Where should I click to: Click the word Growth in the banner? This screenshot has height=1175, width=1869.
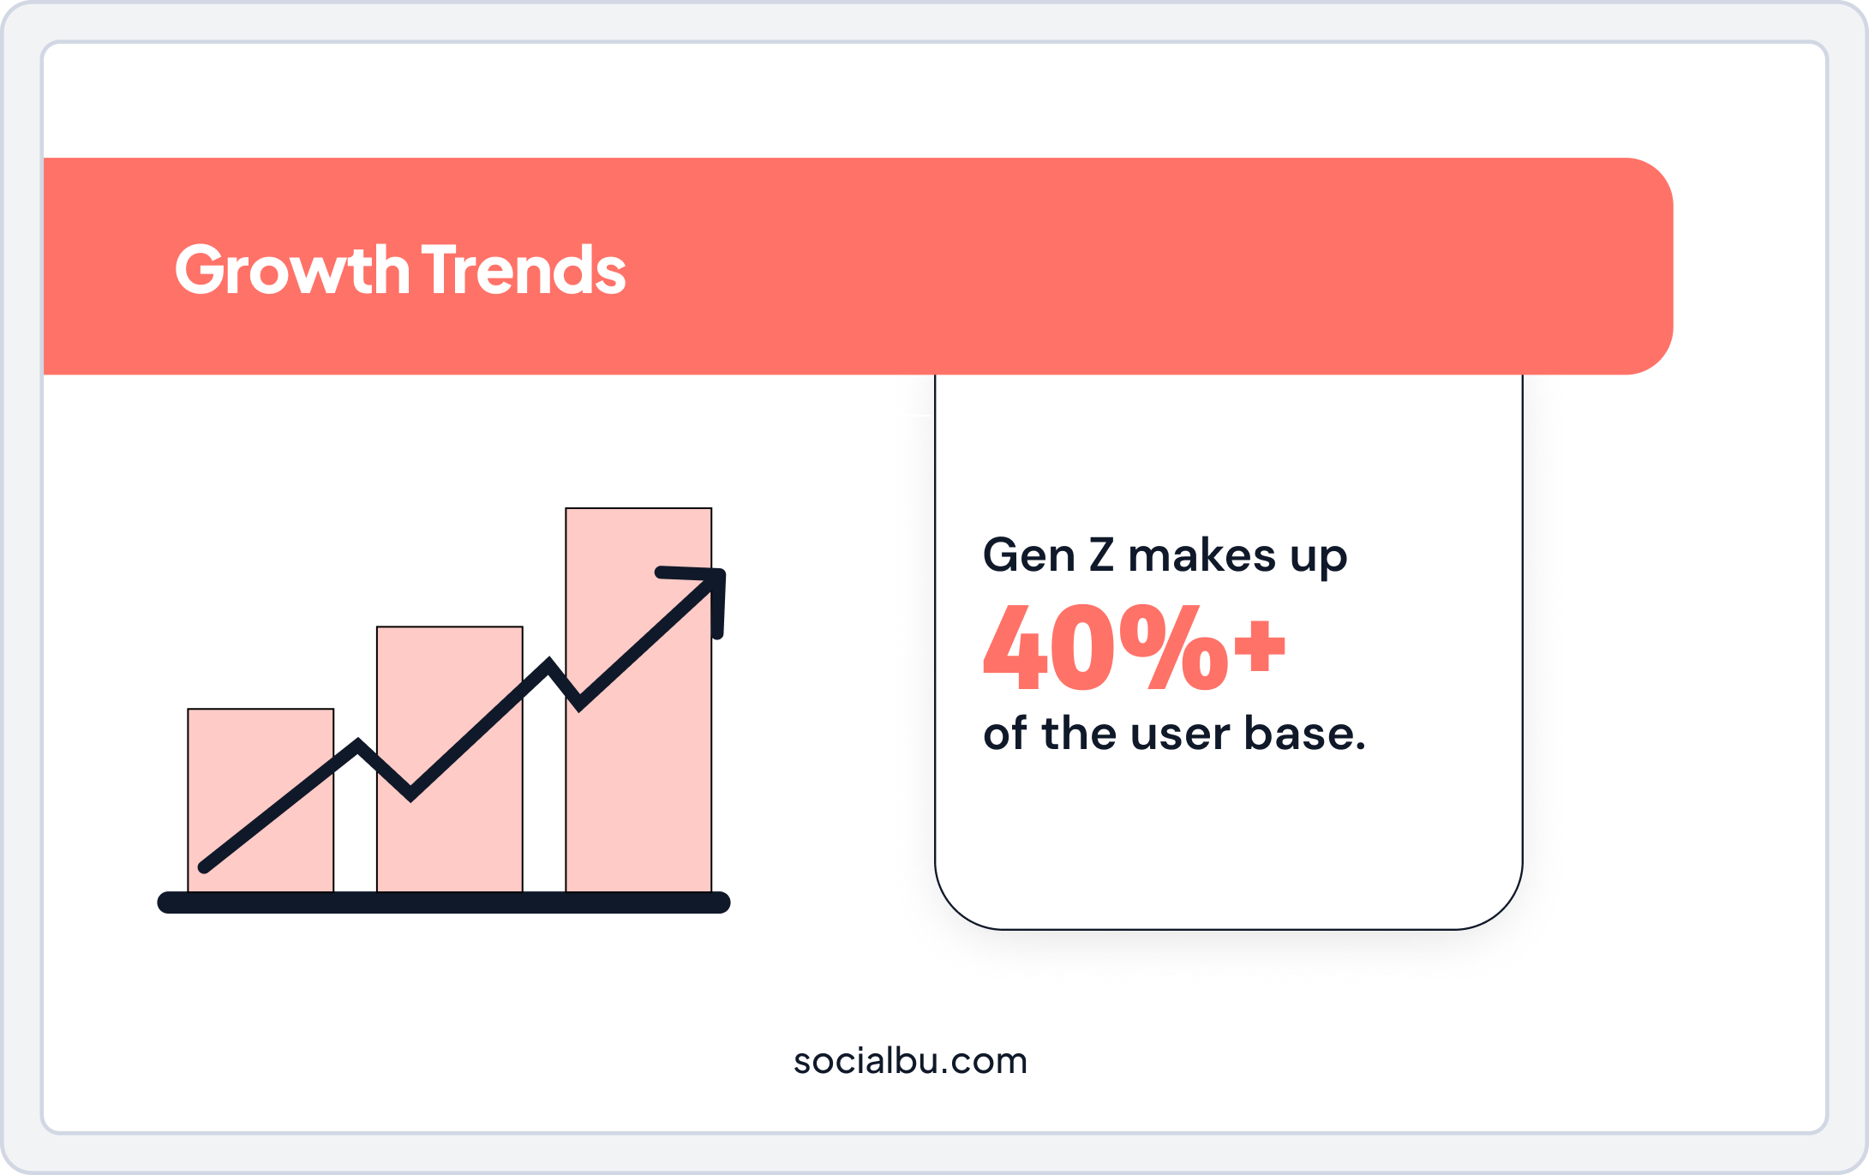[x=291, y=270]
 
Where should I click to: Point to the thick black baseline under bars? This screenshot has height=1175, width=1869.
[x=443, y=902]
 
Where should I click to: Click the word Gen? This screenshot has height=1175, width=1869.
[x=1028, y=555]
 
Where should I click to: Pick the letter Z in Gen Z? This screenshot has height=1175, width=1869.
[x=1101, y=555]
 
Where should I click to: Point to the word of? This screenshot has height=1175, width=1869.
[x=1004, y=734]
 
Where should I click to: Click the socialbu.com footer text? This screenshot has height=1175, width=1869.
[x=910, y=1061]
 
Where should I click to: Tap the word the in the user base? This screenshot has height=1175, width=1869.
[x=1079, y=734]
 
